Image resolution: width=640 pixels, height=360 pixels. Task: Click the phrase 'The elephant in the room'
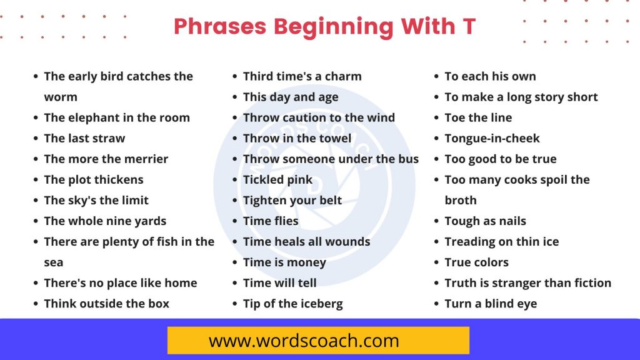click(x=117, y=117)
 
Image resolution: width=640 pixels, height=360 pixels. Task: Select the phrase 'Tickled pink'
click(x=277, y=179)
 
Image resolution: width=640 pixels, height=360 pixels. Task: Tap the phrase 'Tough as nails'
click(x=485, y=221)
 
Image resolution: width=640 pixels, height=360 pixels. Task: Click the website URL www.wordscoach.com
click(x=304, y=341)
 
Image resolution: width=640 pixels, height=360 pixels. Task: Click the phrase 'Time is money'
click(x=284, y=262)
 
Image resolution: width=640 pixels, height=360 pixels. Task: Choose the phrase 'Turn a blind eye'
click(x=491, y=304)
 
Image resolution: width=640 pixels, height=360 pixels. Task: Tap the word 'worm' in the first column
click(x=61, y=97)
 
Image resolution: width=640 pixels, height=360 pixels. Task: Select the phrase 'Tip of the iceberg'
click(x=292, y=304)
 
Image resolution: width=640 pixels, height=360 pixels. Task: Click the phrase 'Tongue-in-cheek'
click(x=492, y=138)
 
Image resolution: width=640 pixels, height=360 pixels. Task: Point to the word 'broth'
click(x=461, y=200)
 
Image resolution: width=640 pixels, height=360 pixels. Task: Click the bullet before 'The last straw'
click(x=35, y=139)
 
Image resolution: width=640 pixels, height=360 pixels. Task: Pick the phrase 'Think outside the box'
click(x=106, y=304)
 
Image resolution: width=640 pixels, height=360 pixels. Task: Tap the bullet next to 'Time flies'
click(x=234, y=221)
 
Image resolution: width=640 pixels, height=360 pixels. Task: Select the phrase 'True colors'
click(x=476, y=262)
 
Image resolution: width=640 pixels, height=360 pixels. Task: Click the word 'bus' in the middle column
click(x=408, y=159)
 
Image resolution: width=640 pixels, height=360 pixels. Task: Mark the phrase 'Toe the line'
click(x=478, y=117)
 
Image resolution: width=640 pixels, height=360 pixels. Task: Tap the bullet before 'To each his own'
click(x=436, y=77)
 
